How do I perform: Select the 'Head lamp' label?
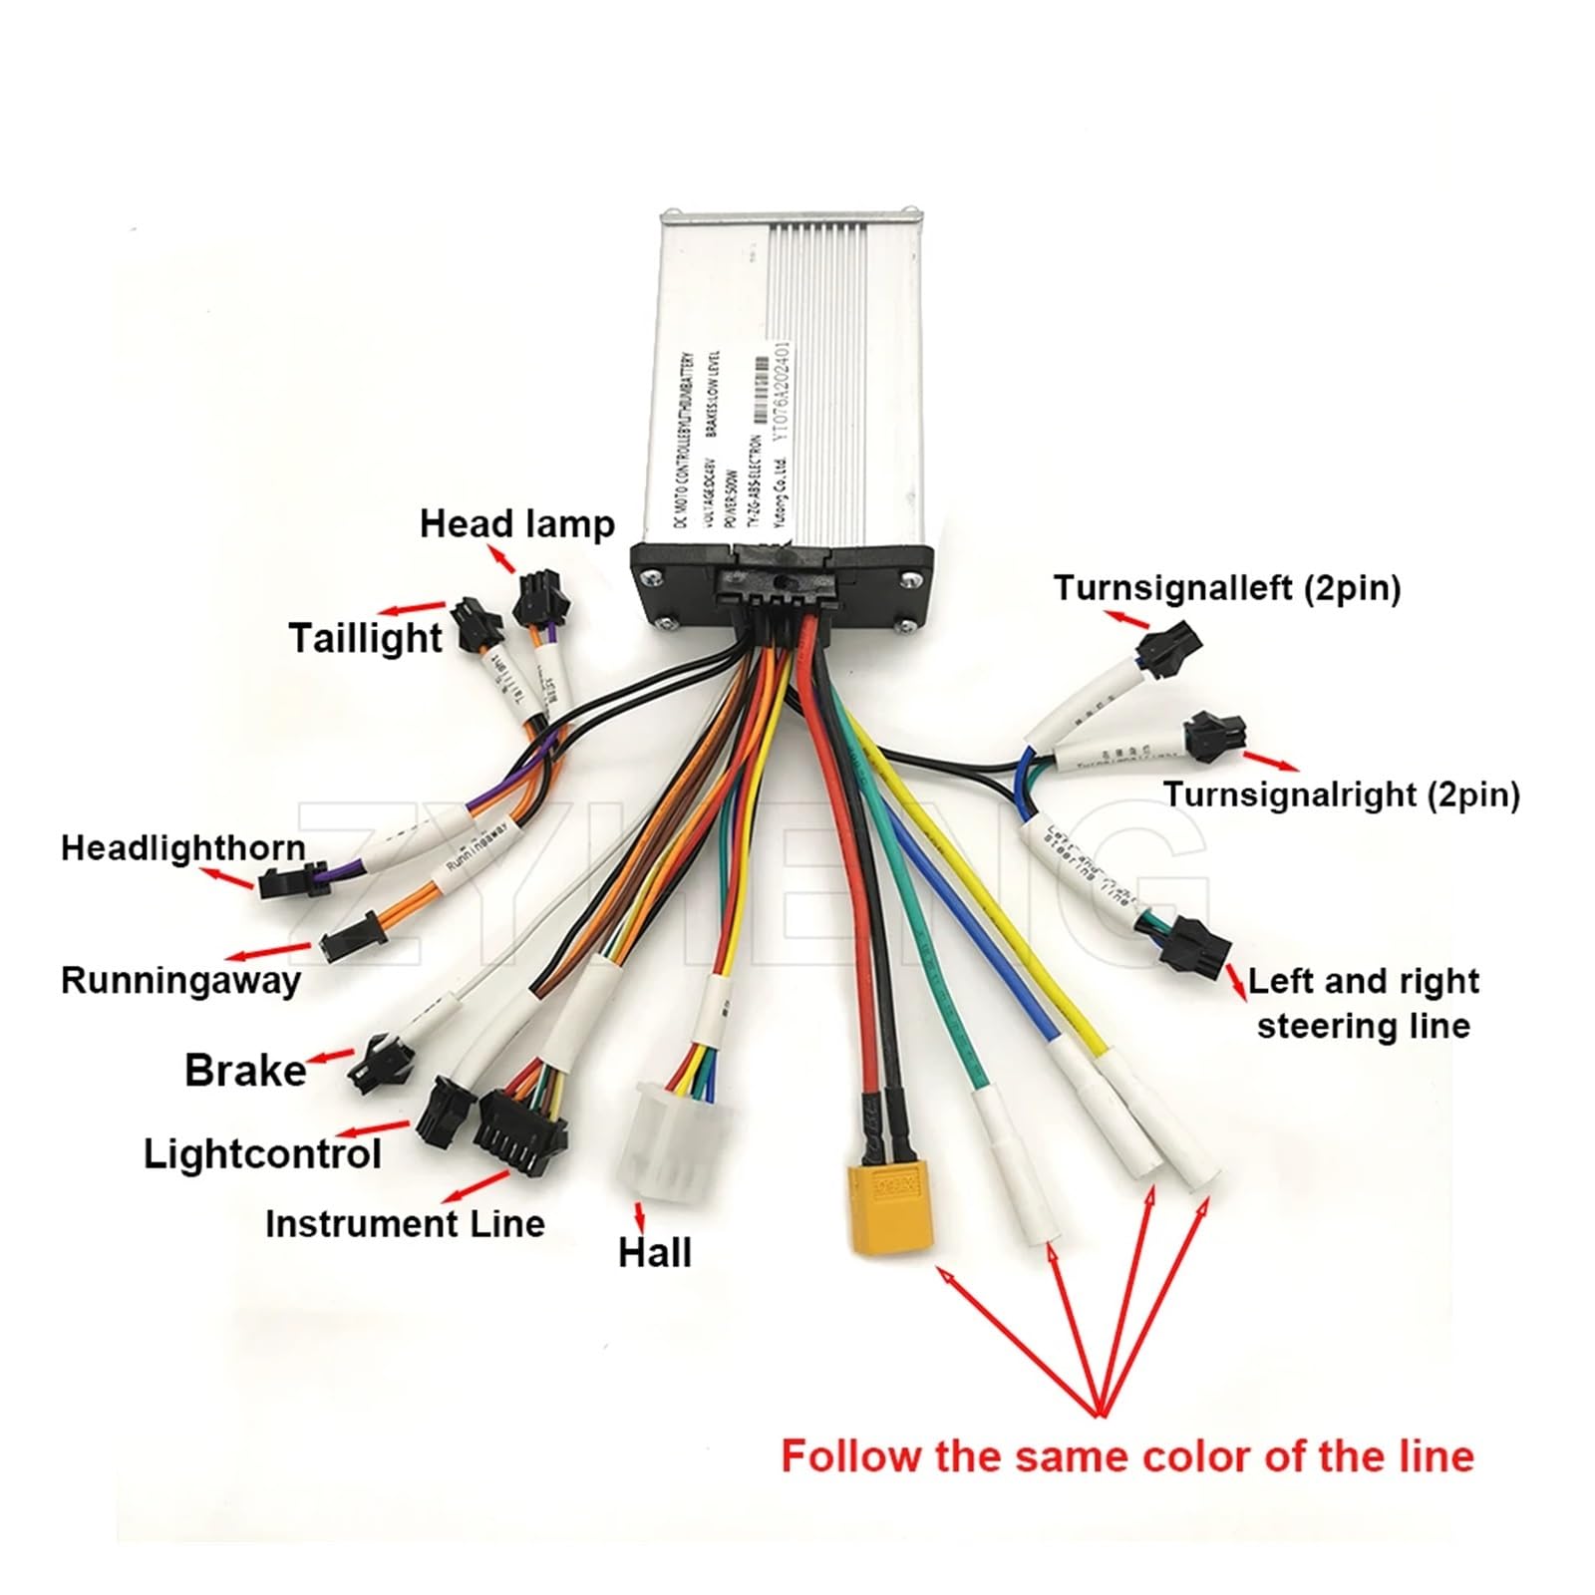click(516, 524)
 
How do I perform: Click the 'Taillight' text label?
click(365, 638)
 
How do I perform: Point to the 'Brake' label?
click(245, 1071)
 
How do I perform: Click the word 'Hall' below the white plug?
click(654, 1253)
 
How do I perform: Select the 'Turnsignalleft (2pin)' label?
click(1227, 588)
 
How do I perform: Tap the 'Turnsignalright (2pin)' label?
click(1341, 795)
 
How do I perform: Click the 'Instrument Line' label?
click(405, 1224)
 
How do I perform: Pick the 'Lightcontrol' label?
click(262, 1154)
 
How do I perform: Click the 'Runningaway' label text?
click(180, 980)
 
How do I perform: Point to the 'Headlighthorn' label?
click(183, 848)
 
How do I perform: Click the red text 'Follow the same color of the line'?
click(1126, 1456)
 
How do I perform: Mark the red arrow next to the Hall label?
click(639, 1214)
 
